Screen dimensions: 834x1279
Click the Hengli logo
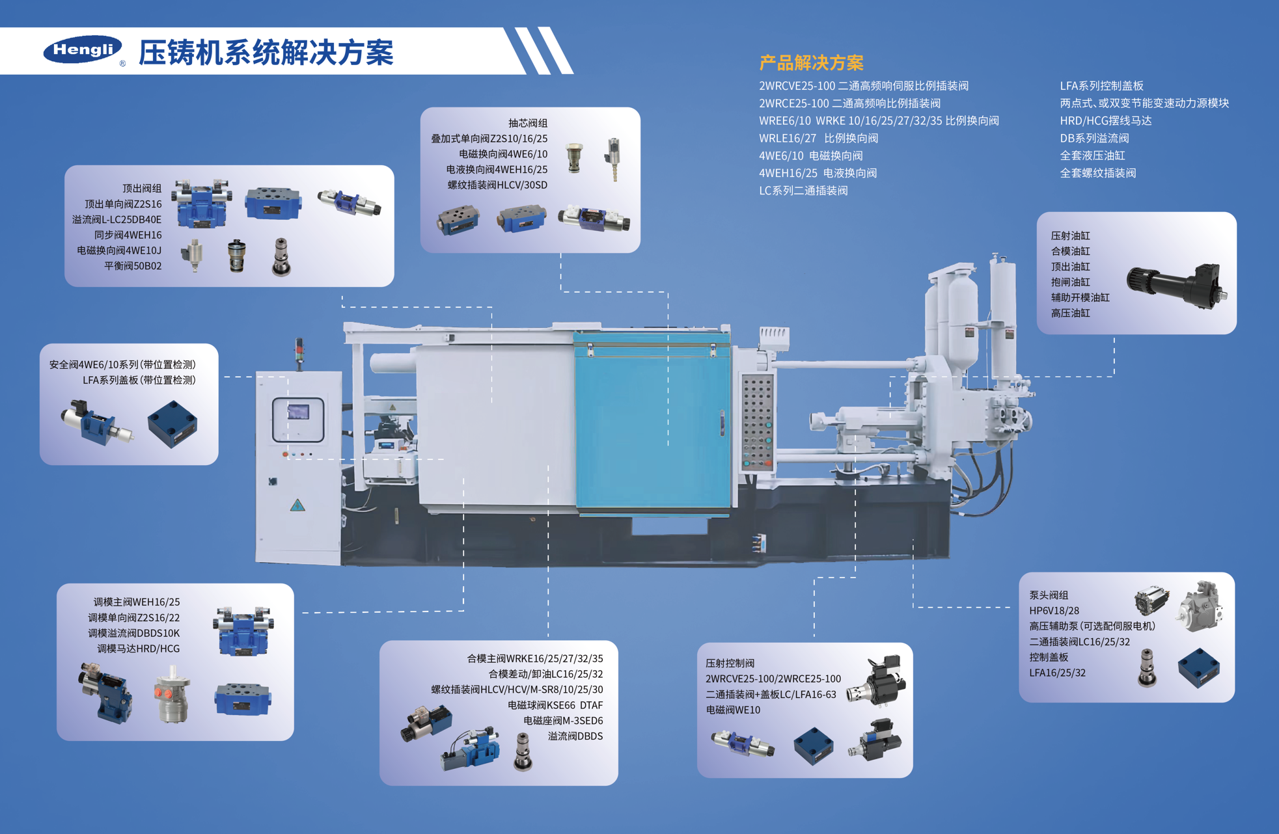click(x=83, y=50)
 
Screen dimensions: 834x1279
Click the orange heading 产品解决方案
click(x=811, y=63)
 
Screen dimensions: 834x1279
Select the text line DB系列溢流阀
click(x=1094, y=138)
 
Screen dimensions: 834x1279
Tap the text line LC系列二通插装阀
click(x=803, y=191)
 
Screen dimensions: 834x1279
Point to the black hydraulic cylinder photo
click(x=1176, y=286)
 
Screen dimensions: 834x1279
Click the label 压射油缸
click(x=1070, y=235)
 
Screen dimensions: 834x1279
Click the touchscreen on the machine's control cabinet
click(x=298, y=412)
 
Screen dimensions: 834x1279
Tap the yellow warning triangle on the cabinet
click(x=297, y=505)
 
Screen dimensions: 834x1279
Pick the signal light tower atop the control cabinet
click(x=299, y=351)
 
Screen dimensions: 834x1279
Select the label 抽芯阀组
click(x=528, y=123)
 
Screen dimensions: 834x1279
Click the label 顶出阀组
click(x=142, y=188)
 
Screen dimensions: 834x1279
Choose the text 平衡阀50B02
click(x=133, y=265)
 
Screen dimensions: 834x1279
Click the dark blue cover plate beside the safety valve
click(x=172, y=424)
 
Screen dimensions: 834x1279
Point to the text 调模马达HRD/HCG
click(x=138, y=649)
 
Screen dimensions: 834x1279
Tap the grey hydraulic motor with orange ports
click(x=172, y=695)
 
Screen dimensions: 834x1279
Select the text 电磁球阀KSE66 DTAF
click(x=555, y=705)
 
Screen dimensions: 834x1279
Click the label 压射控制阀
click(x=730, y=663)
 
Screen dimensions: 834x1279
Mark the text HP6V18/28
click(x=1054, y=610)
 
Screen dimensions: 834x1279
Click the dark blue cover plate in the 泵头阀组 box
click(x=1198, y=668)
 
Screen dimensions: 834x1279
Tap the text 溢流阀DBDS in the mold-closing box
click(x=575, y=736)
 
